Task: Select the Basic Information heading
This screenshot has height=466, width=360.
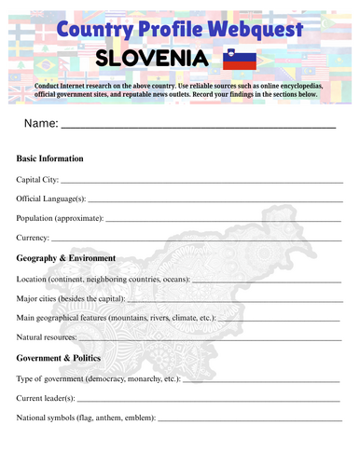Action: click(50, 158)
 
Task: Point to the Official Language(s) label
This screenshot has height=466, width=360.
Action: click(51, 199)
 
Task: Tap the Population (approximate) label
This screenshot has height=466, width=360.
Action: click(60, 218)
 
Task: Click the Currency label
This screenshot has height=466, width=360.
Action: click(34, 238)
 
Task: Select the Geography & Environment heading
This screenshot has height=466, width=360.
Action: click(66, 258)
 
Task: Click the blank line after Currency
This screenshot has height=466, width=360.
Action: click(196, 239)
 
